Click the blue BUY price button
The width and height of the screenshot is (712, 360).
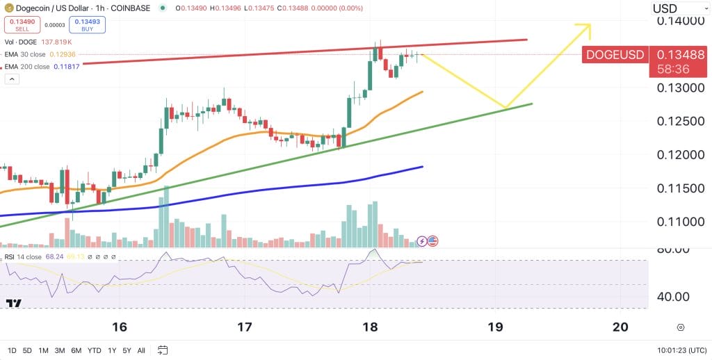tap(86, 25)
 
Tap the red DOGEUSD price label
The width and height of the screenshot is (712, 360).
tap(615, 55)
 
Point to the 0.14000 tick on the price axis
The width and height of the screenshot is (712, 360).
tap(682, 22)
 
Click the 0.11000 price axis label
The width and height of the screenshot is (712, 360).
tap(682, 222)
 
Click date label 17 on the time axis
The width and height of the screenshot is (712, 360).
tap(244, 327)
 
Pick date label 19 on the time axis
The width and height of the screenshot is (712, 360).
tap(495, 327)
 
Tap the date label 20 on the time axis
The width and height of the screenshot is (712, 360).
tap(621, 327)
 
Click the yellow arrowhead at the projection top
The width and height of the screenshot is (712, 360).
tap(583, 27)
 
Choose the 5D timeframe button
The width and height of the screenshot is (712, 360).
tap(27, 350)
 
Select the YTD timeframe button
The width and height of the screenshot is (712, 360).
tap(95, 350)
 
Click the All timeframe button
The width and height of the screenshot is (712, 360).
tap(141, 350)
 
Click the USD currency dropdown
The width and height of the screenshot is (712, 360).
tap(677, 8)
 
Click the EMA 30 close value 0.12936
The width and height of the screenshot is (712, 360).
tap(63, 54)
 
